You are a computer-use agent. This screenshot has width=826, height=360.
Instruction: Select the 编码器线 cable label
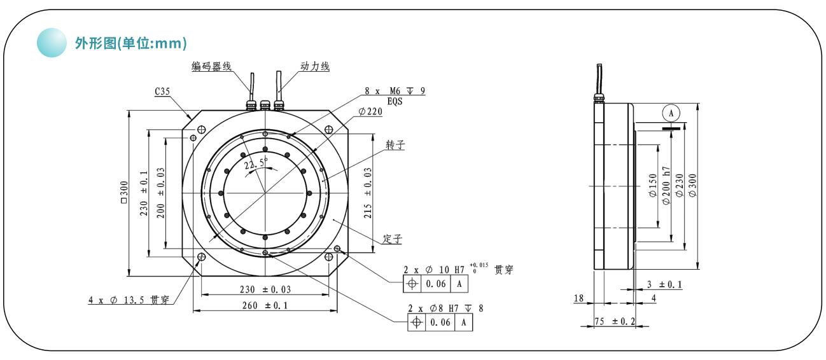pos(212,66)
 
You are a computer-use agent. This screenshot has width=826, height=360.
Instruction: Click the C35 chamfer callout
pos(163,92)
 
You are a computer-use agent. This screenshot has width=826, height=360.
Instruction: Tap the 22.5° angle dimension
pos(256,163)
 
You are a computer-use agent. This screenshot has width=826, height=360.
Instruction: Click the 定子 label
pos(392,239)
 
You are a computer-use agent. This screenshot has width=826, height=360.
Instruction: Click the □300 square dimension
pos(125,193)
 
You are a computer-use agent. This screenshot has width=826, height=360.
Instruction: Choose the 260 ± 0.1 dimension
pos(265,305)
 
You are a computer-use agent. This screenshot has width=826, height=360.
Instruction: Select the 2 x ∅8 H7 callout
pos(445,308)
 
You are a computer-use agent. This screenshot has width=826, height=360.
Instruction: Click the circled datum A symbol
pos(669,113)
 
